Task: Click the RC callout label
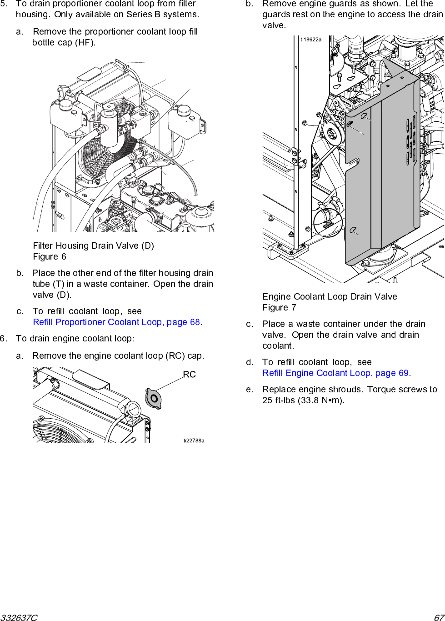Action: tap(189, 375)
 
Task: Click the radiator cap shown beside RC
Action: tap(153, 399)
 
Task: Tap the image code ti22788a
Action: tap(194, 441)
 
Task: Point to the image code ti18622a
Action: tap(311, 40)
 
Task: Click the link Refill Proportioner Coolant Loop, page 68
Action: tap(116, 322)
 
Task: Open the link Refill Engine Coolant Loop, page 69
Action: tap(335, 373)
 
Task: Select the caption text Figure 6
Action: tap(50, 257)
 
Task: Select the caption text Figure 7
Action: tap(279, 308)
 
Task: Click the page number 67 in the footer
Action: tap(439, 617)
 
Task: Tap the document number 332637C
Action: tap(19, 617)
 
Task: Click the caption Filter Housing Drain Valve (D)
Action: tap(93, 246)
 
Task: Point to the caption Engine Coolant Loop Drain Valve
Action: tap(330, 297)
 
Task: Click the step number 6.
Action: tap(3, 339)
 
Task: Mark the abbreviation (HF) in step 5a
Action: tap(85, 43)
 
